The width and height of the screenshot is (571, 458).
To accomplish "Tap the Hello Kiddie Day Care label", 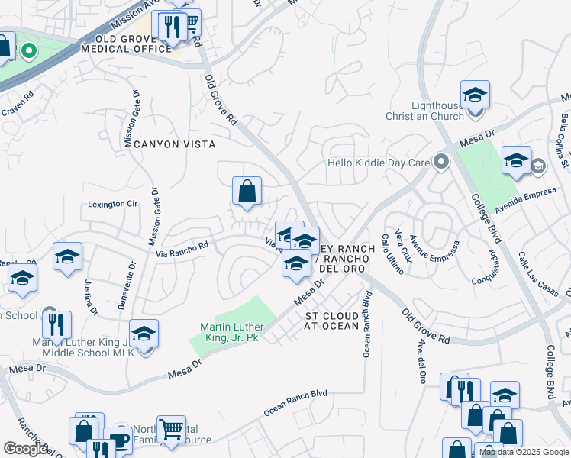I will (378, 163).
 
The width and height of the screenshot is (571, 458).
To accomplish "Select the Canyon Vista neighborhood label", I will (175, 144).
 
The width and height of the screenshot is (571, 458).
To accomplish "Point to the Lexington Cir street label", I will (112, 204).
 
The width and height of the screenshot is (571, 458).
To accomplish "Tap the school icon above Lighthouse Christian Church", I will (475, 95).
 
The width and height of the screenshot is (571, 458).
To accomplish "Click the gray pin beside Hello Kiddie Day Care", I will (440, 162).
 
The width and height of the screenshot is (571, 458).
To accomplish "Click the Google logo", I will (26, 449).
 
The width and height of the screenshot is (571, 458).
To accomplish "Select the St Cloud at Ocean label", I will (331, 321).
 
